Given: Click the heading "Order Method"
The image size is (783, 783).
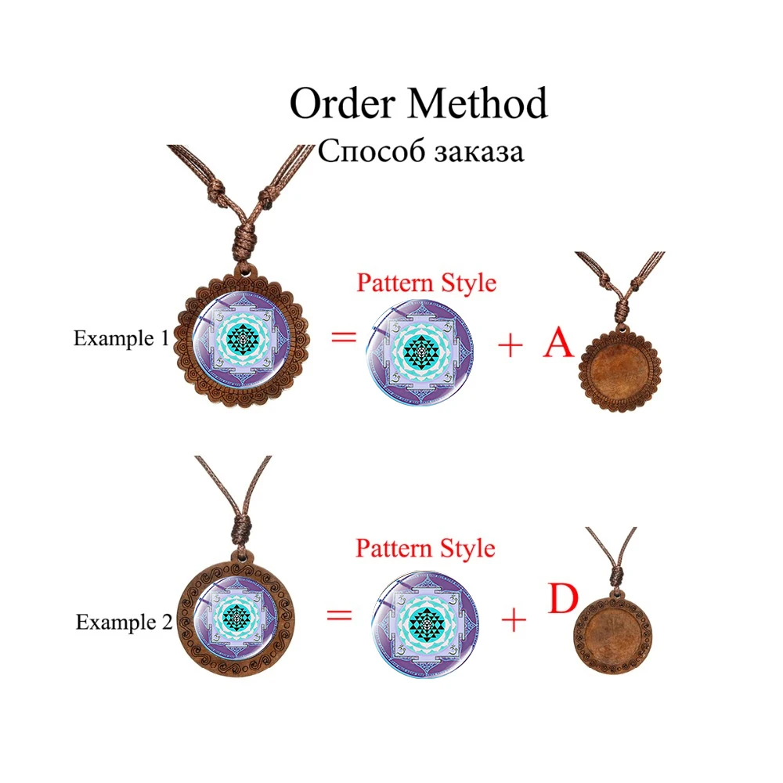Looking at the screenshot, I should (418, 103).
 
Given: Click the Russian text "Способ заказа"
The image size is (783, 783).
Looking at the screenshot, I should (420, 151).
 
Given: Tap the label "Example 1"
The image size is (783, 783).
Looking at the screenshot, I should (121, 339).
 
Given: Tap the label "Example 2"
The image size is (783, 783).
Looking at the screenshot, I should (123, 622).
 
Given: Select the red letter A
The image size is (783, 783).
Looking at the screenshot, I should (558, 345).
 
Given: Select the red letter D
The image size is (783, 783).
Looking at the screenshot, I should (561, 600).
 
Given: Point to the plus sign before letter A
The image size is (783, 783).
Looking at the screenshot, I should (510, 345).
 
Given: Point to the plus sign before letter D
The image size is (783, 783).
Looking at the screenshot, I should (514, 621).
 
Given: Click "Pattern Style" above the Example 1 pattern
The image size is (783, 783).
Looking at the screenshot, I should (426, 283).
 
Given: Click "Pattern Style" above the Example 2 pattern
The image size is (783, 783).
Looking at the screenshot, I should (425, 548).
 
